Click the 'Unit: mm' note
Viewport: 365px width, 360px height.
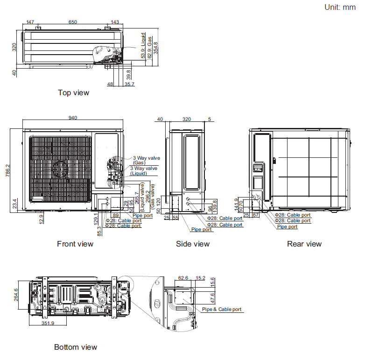(x=340, y=7)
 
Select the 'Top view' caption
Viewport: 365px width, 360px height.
(x=73, y=93)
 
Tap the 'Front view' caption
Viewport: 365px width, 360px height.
(x=75, y=244)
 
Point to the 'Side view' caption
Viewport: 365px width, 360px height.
(x=193, y=244)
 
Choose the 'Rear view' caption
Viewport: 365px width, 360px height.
(x=304, y=244)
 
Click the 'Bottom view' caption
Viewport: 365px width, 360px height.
(x=76, y=347)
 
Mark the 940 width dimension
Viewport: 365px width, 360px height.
(x=73, y=118)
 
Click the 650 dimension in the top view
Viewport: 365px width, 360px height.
(x=73, y=22)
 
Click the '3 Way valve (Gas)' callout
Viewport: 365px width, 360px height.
(x=146, y=160)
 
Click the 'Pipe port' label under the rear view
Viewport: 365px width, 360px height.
(x=287, y=226)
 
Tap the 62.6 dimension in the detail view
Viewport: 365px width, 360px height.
(x=183, y=278)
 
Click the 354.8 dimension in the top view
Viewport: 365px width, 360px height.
(x=156, y=48)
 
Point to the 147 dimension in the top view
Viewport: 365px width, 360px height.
(x=30, y=22)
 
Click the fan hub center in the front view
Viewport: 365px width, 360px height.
(x=60, y=169)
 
